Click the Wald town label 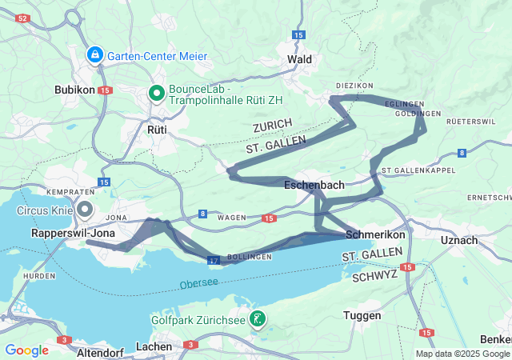(x=299, y=59)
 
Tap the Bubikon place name (x=75, y=90)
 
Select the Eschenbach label (x=314, y=185)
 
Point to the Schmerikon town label (x=376, y=235)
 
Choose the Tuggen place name (x=362, y=315)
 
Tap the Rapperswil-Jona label (x=73, y=233)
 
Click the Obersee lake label (x=198, y=284)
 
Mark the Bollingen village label (x=244, y=257)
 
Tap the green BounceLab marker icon (x=158, y=94)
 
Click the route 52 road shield (x=23, y=18)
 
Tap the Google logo (x=26, y=350)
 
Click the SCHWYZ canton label (x=375, y=274)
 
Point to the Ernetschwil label (x=490, y=197)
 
